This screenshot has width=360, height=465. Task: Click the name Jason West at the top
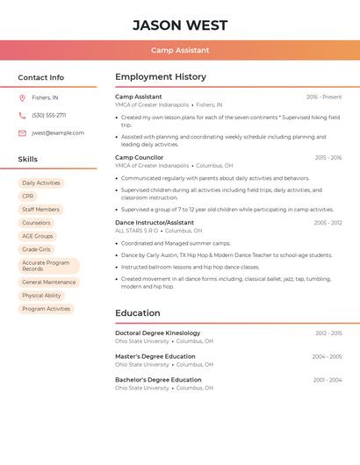click(x=180, y=25)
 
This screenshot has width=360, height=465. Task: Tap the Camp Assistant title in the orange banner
click(x=180, y=51)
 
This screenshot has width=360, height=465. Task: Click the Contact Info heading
click(x=41, y=77)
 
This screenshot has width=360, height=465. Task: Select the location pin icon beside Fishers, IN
click(x=22, y=97)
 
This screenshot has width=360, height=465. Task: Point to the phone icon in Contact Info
click(x=22, y=115)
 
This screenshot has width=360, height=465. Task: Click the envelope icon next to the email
click(x=22, y=133)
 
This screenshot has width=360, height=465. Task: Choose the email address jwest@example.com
click(x=58, y=133)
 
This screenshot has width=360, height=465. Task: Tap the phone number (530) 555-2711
click(x=48, y=115)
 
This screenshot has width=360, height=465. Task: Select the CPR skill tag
click(x=28, y=197)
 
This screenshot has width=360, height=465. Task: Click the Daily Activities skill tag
click(x=41, y=183)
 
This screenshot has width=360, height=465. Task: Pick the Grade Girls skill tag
click(x=37, y=249)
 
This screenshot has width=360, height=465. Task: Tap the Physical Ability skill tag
click(x=41, y=296)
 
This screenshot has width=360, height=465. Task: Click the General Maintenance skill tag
click(x=49, y=283)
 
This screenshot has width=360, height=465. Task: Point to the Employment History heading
click(x=161, y=77)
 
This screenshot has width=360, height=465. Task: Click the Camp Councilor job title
click(x=139, y=158)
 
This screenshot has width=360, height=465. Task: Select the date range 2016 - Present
click(x=324, y=97)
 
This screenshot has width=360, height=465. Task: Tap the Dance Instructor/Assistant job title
click(x=155, y=223)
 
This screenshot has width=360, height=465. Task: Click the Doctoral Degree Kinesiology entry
click(x=157, y=333)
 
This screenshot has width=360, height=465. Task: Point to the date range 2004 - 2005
click(x=327, y=357)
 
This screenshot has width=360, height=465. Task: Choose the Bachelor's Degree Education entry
click(x=158, y=380)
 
